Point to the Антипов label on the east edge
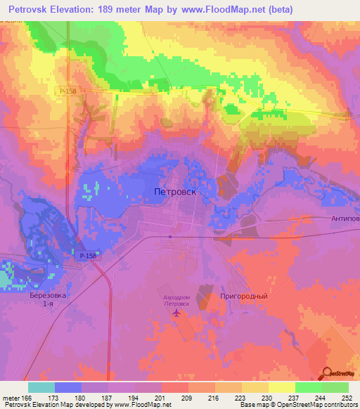(x=345, y=219)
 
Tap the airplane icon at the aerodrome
(x=176, y=313)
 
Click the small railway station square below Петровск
(x=170, y=237)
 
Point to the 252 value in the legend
(x=347, y=398)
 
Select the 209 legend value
(x=188, y=398)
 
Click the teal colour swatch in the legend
(x=41, y=387)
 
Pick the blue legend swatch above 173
(x=68, y=387)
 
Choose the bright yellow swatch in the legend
(x=281, y=387)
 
